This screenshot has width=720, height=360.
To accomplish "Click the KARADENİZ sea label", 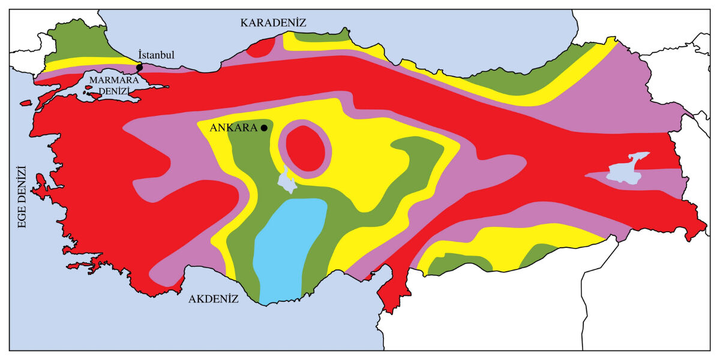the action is [273, 23].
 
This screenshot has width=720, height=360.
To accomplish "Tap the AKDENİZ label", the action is [214, 298].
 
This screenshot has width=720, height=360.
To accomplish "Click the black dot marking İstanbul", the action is [140, 67].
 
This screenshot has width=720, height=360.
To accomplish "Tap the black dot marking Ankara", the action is [264, 128].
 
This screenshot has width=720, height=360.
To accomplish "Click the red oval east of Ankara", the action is [307, 148].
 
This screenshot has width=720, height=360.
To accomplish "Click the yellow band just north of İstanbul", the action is [90, 62].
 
